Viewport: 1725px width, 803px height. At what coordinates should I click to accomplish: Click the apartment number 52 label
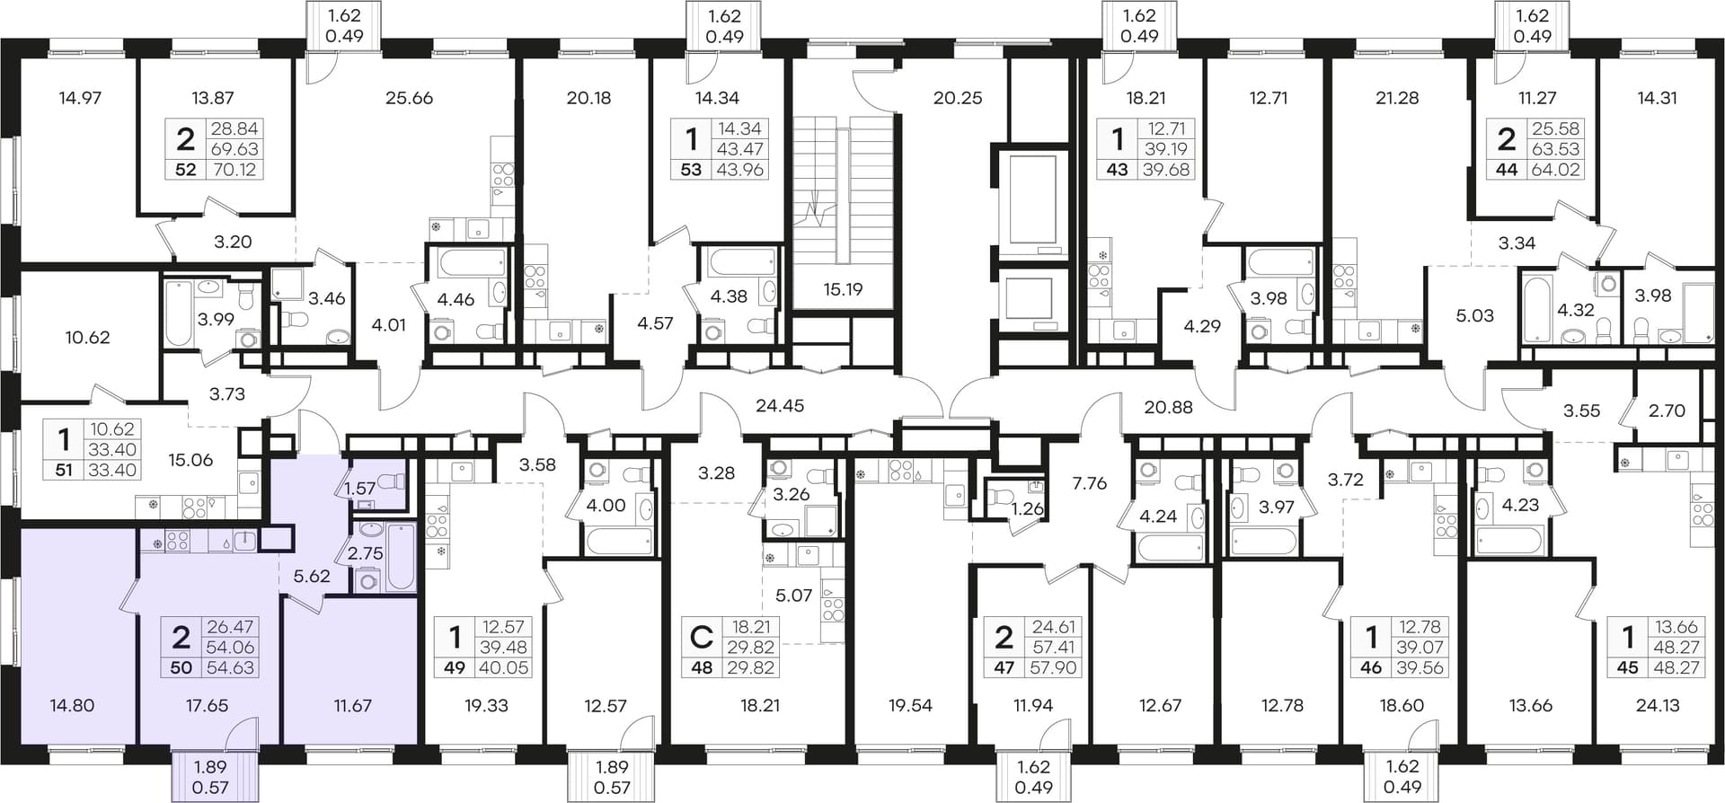[x=185, y=169]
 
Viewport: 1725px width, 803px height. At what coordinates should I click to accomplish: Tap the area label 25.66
[x=409, y=98]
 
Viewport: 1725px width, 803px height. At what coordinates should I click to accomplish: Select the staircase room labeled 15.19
[x=843, y=289]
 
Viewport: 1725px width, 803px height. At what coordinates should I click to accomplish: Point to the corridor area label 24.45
[x=780, y=405]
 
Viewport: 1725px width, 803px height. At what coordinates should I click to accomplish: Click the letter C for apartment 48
[x=701, y=638]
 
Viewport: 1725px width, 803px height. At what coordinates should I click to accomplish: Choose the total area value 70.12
[x=234, y=169]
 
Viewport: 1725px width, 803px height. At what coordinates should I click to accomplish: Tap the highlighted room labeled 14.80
[x=72, y=705]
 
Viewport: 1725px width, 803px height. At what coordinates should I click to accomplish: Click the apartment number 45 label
[x=1627, y=667]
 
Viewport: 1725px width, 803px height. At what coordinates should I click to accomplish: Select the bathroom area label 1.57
[x=359, y=488]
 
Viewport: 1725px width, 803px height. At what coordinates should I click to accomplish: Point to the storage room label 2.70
[x=1667, y=410]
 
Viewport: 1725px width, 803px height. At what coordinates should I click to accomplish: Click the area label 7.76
[x=1090, y=483]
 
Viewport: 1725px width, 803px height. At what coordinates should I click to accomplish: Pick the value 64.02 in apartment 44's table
[x=1558, y=169]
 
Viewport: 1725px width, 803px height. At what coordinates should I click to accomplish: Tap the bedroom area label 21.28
[x=1397, y=98]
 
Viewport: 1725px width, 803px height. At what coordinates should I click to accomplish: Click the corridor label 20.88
[x=1168, y=407]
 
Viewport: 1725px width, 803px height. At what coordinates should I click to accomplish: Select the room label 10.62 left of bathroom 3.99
[x=87, y=338]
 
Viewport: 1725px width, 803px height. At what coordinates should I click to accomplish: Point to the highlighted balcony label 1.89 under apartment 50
[x=211, y=768]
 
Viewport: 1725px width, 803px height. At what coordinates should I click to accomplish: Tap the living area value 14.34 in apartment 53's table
[x=740, y=128]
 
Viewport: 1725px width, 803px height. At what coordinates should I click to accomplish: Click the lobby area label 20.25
[x=958, y=98]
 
